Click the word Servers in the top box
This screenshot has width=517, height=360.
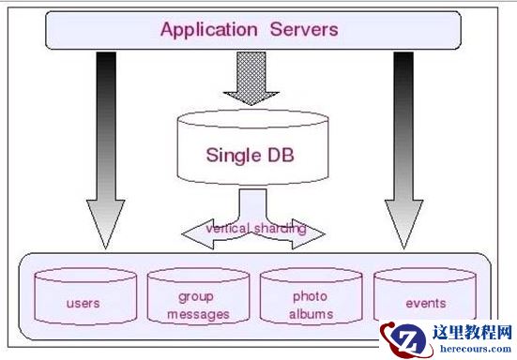(x=300, y=29)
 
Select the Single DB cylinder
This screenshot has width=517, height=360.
(x=252, y=151)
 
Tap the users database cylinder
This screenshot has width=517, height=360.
(x=83, y=299)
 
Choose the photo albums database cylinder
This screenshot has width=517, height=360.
(x=310, y=299)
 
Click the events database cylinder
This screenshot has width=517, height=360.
(x=425, y=299)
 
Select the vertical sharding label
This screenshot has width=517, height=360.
(x=244, y=228)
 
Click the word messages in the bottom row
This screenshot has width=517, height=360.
(x=198, y=314)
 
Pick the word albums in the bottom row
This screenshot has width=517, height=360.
(x=311, y=314)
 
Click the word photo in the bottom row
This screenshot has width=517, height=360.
(x=311, y=296)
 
